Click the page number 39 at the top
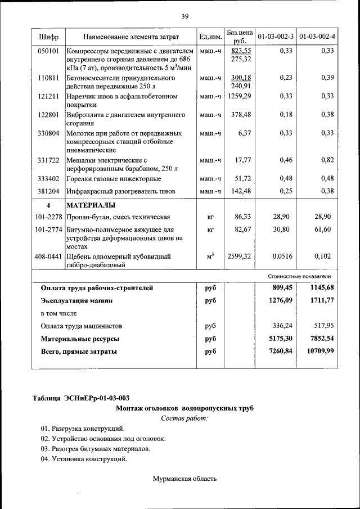[x=184, y=16]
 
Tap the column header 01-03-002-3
[x=275, y=37]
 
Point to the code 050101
[x=48, y=51]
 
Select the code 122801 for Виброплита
[x=48, y=115]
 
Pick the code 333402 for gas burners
[x=48, y=179]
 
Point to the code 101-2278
[x=48, y=217]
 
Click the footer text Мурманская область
[x=184, y=479]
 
